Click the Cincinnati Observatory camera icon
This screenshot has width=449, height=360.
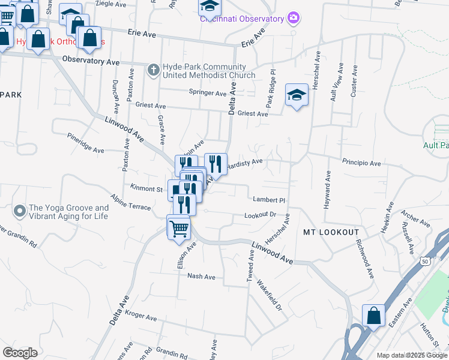click(x=294, y=18)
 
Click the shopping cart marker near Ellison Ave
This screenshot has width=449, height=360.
click(x=179, y=228)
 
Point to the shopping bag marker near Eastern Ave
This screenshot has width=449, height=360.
click(x=373, y=316)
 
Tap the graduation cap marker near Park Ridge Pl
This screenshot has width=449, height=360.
click(x=297, y=95)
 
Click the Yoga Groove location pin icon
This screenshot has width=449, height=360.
click(x=20, y=211)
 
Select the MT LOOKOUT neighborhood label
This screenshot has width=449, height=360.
click(x=331, y=232)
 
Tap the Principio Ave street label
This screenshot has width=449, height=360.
click(x=361, y=163)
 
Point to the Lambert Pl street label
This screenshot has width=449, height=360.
click(x=268, y=200)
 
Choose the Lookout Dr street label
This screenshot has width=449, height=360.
click(x=260, y=215)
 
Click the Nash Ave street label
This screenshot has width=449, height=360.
click(x=201, y=277)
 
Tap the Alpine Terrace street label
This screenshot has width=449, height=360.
click(x=131, y=202)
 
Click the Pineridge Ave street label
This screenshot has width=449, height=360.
click(x=85, y=143)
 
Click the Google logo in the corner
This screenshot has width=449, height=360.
click(x=20, y=353)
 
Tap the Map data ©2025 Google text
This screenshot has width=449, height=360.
click(x=412, y=355)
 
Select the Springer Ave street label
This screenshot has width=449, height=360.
click(x=208, y=93)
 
